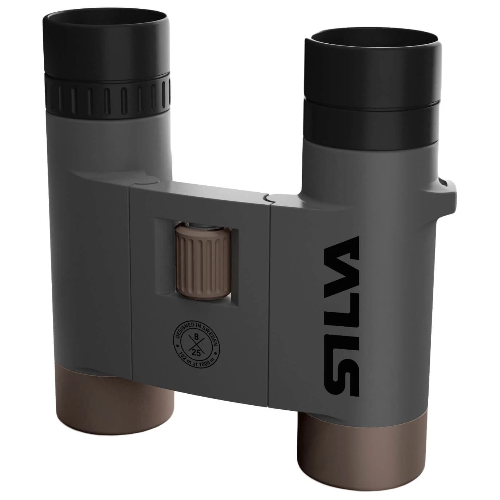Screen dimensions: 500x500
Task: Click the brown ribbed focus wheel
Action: click(x=203, y=264)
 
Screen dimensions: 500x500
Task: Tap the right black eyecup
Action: click(x=373, y=73)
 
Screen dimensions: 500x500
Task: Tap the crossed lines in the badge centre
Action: click(x=197, y=345)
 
